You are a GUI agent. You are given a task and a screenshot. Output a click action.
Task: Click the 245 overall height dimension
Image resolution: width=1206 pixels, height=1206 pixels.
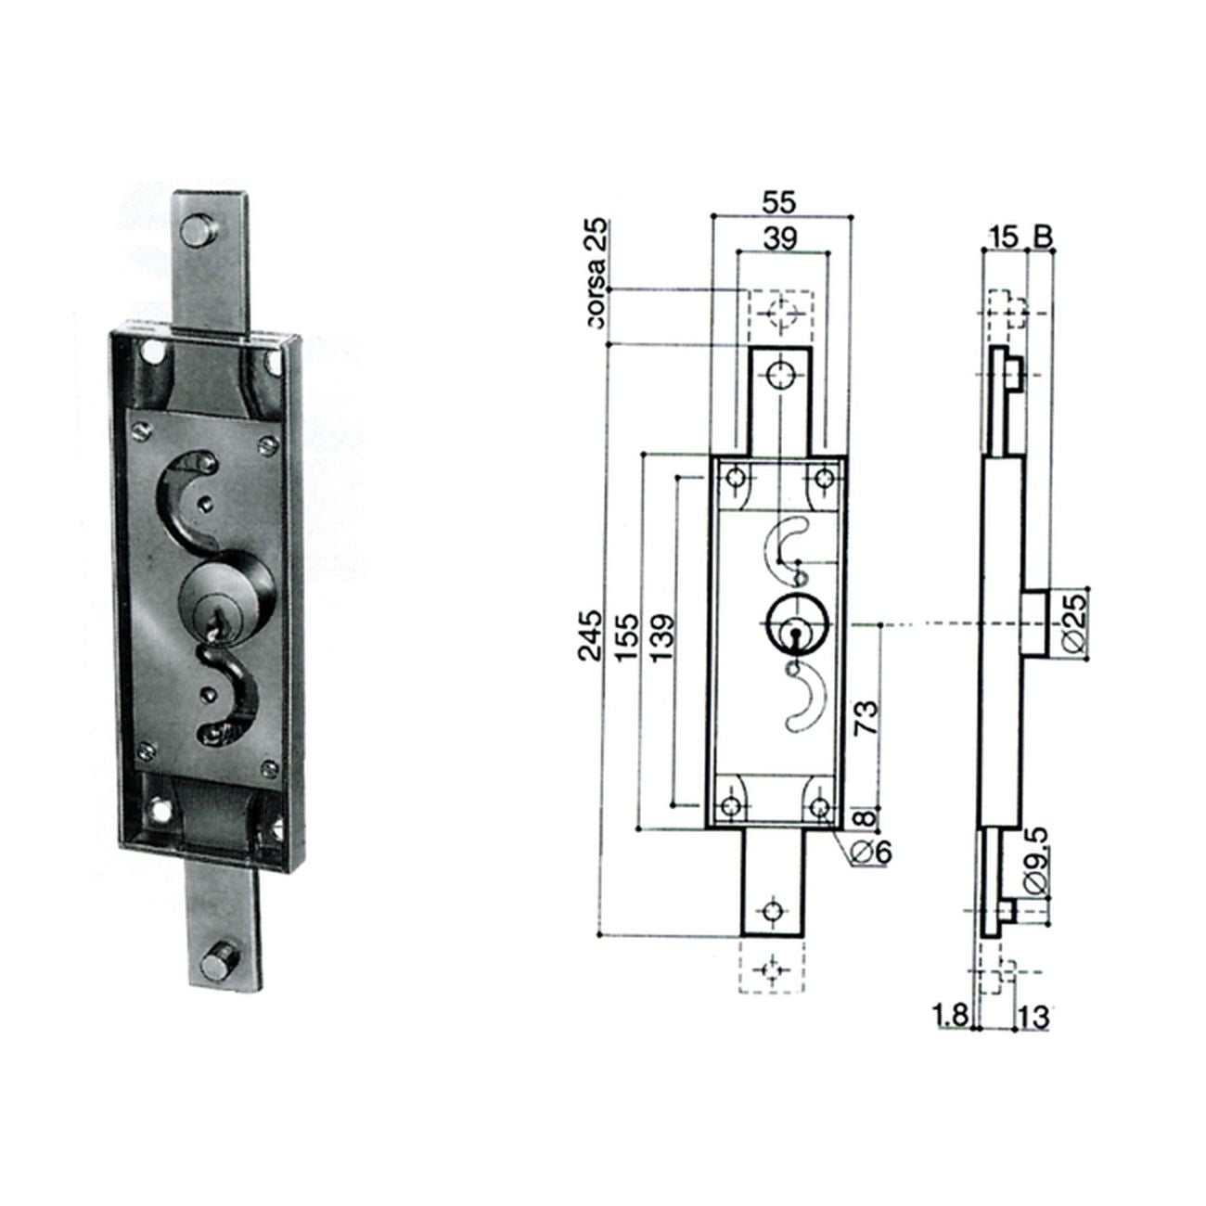click(x=589, y=635)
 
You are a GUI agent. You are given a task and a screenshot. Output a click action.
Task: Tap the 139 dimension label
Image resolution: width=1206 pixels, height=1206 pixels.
click(x=662, y=637)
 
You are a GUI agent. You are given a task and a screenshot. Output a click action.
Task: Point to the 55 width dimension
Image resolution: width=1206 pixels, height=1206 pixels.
click(x=779, y=203)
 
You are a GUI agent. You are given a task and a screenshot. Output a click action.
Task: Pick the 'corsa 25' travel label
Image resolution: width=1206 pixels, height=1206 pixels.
click(x=599, y=274)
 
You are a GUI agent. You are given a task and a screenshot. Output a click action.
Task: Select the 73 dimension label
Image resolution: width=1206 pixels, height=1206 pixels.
click(x=866, y=719)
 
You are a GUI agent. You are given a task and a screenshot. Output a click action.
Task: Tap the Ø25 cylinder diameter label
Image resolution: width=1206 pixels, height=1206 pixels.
click(x=1074, y=623)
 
